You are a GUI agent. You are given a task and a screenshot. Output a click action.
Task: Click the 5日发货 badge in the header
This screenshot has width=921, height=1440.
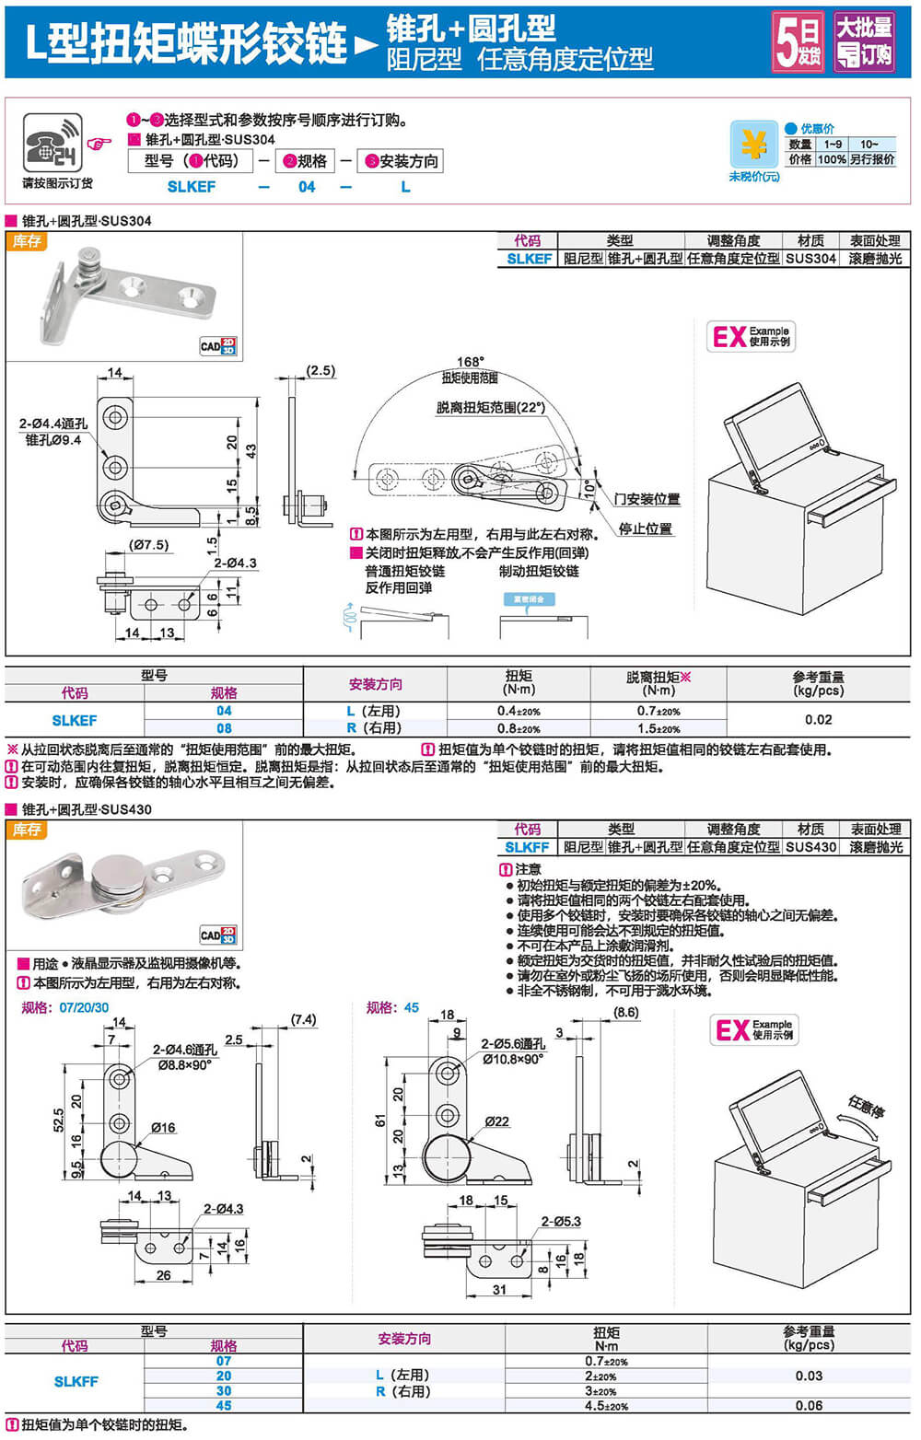point(798,41)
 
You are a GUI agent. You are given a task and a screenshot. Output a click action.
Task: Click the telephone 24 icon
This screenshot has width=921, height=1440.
point(52,142)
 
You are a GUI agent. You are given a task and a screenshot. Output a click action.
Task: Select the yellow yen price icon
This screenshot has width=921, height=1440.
point(753,145)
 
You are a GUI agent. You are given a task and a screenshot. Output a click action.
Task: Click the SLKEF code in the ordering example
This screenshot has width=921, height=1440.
point(192,187)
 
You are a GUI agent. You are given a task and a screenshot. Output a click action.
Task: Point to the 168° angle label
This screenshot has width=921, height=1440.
point(470,362)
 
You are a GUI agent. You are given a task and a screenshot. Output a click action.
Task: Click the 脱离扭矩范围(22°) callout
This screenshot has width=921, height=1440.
point(491,407)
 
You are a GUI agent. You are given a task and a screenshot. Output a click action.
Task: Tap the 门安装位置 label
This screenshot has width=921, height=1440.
point(647,499)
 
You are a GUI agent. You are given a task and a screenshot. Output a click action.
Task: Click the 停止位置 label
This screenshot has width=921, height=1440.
point(645,528)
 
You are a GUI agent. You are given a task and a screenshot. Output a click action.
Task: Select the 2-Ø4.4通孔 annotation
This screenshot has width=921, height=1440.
point(53,424)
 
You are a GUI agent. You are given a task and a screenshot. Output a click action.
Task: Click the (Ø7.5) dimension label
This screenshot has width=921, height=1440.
point(148,545)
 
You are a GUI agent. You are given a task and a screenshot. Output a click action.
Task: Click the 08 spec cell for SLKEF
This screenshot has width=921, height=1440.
point(224,727)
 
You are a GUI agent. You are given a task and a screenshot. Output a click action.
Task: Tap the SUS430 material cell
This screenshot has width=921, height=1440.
point(810,847)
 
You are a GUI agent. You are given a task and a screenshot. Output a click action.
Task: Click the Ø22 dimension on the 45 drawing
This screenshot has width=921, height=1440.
point(497,1121)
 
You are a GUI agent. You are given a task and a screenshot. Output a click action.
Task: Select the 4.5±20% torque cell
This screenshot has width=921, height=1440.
point(606,1406)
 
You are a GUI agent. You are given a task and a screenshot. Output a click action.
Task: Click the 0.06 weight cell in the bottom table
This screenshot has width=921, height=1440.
point(809,1406)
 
